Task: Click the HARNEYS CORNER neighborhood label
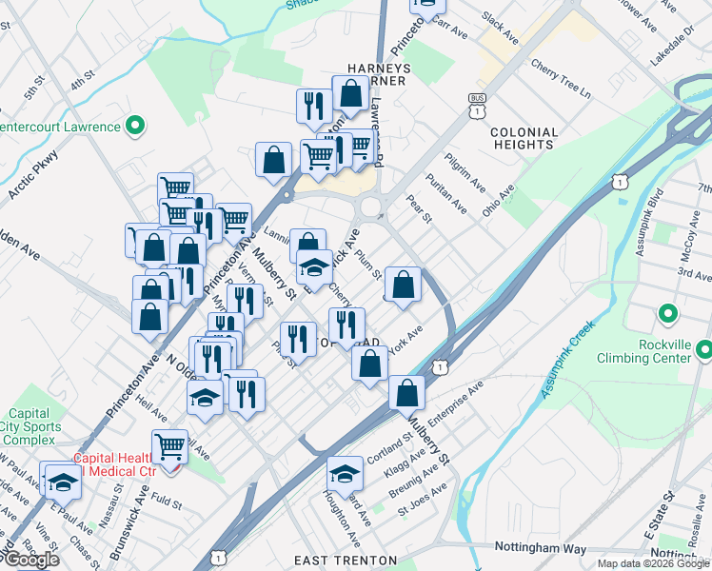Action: (378, 74)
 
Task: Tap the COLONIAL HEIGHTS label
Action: (523, 138)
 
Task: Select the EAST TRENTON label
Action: (340, 560)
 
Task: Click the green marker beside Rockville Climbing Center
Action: (667, 313)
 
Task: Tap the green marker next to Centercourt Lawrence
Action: (135, 125)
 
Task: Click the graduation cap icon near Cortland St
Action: (345, 472)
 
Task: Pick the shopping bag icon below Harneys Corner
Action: (351, 94)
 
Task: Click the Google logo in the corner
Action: (31, 560)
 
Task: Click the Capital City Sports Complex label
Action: (30, 425)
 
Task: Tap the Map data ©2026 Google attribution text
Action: (653, 563)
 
